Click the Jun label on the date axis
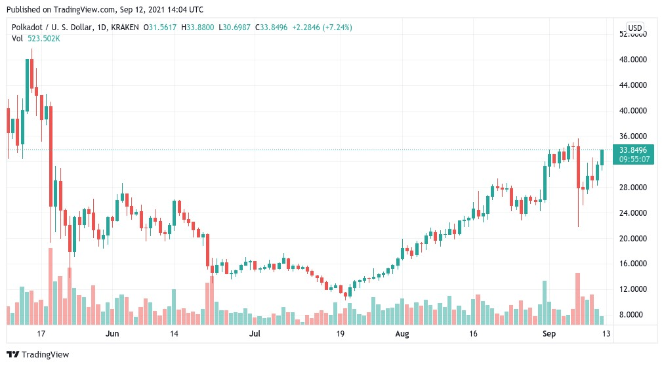(113, 334)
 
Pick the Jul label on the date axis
(255, 334)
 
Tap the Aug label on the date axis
(402, 334)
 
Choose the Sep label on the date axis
(549, 334)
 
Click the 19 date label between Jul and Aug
(340, 334)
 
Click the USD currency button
(634, 28)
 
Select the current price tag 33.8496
(633, 150)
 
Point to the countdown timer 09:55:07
(633, 159)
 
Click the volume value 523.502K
(44, 39)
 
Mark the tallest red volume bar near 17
(51, 286)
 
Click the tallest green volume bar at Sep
(545, 302)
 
